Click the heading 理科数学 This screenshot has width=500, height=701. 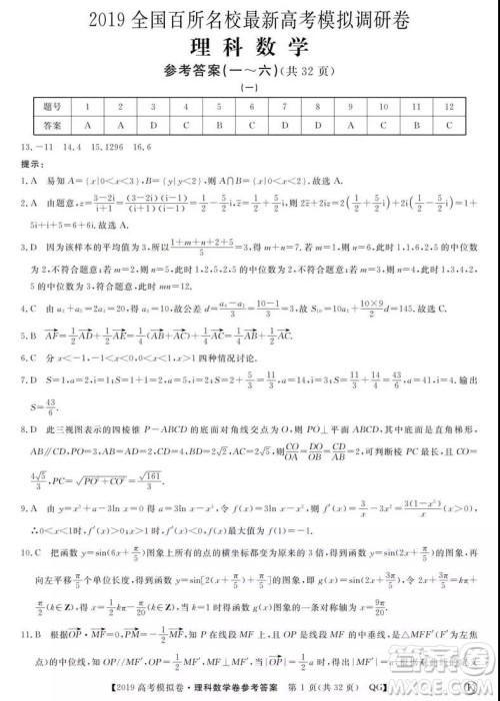[x=250, y=48]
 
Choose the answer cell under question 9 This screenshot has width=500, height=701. [x=351, y=125]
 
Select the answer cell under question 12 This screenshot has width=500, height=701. [x=450, y=125]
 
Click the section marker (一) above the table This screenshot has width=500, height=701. [x=250, y=89]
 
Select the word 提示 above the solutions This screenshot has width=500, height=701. [x=30, y=164]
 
